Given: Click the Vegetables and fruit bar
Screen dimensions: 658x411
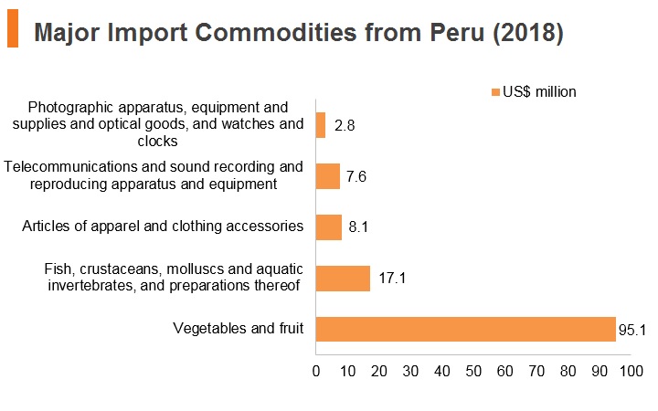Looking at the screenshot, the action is pyautogui.click(x=465, y=329).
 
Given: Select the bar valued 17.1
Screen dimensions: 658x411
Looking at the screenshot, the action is pyautogui.click(x=343, y=279).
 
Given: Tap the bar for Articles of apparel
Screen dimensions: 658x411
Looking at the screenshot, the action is pyautogui.click(x=329, y=227).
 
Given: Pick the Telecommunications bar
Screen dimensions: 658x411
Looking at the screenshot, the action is pyautogui.click(x=328, y=176).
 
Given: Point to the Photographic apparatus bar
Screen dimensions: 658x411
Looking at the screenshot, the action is pyautogui.click(x=321, y=125).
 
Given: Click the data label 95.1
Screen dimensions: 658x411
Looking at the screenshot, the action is pyautogui.click(x=632, y=330).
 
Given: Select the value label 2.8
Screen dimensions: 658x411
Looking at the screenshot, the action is pyautogui.click(x=345, y=125).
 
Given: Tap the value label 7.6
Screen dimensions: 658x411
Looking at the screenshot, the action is pyautogui.click(x=356, y=176).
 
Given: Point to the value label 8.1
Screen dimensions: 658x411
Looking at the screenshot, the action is pyautogui.click(x=358, y=227).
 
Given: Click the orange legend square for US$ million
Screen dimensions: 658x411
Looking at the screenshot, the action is pyautogui.click(x=495, y=92).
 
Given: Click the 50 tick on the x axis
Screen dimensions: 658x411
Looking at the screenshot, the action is pyautogui.click(x=473, y=371).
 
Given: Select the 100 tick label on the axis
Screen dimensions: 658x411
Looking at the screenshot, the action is pyautogui.click(x=631, y=371).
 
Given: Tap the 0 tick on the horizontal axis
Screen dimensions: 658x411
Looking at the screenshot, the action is pyautogui.click(x=316, y=371).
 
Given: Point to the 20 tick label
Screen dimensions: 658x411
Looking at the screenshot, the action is pyautogui.click(x=379, y=371).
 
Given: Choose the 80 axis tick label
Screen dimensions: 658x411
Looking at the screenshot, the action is pyautogui.click(x=568, y=371).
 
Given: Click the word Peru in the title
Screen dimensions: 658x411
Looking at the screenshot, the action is pyautogui.click(x=457, y=33).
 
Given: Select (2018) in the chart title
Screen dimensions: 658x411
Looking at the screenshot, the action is pyautogui.click(x=528, y=33).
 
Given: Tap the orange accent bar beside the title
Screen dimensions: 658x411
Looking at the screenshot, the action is pyautogui.click(x=13, y=28).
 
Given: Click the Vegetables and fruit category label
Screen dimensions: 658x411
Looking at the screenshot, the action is pyautogui.click(x=238, y=329).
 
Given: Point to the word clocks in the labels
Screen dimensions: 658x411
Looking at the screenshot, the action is pyautogui.click(x=157, y=142).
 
